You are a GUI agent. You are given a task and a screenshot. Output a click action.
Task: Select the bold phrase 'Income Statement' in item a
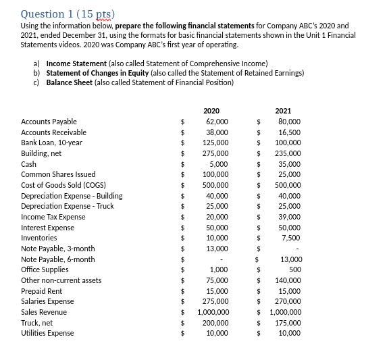[73, 63]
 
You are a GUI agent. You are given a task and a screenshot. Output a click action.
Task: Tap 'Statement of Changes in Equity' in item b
[93, 73]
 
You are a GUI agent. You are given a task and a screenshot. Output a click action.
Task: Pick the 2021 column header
[283, 111]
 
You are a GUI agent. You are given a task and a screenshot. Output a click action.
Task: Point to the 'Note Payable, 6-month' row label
[58, 259]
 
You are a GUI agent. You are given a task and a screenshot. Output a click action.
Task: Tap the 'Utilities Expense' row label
[47, 333]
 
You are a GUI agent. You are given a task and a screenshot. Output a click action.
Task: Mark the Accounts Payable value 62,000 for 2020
[217, 122]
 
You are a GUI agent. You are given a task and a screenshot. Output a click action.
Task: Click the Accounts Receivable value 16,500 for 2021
[289, 132]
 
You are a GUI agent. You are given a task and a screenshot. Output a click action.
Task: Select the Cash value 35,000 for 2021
[289, 164]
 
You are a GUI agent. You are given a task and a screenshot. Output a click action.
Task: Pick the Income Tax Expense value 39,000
[289, 217]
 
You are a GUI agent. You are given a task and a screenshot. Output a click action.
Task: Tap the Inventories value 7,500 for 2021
[291, 238]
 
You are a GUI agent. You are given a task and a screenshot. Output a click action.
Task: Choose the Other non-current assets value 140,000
[288, 280]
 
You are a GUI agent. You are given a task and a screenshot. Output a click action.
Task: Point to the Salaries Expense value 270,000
[288, 301]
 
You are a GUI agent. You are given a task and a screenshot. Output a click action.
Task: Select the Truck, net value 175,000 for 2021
[288, 323]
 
